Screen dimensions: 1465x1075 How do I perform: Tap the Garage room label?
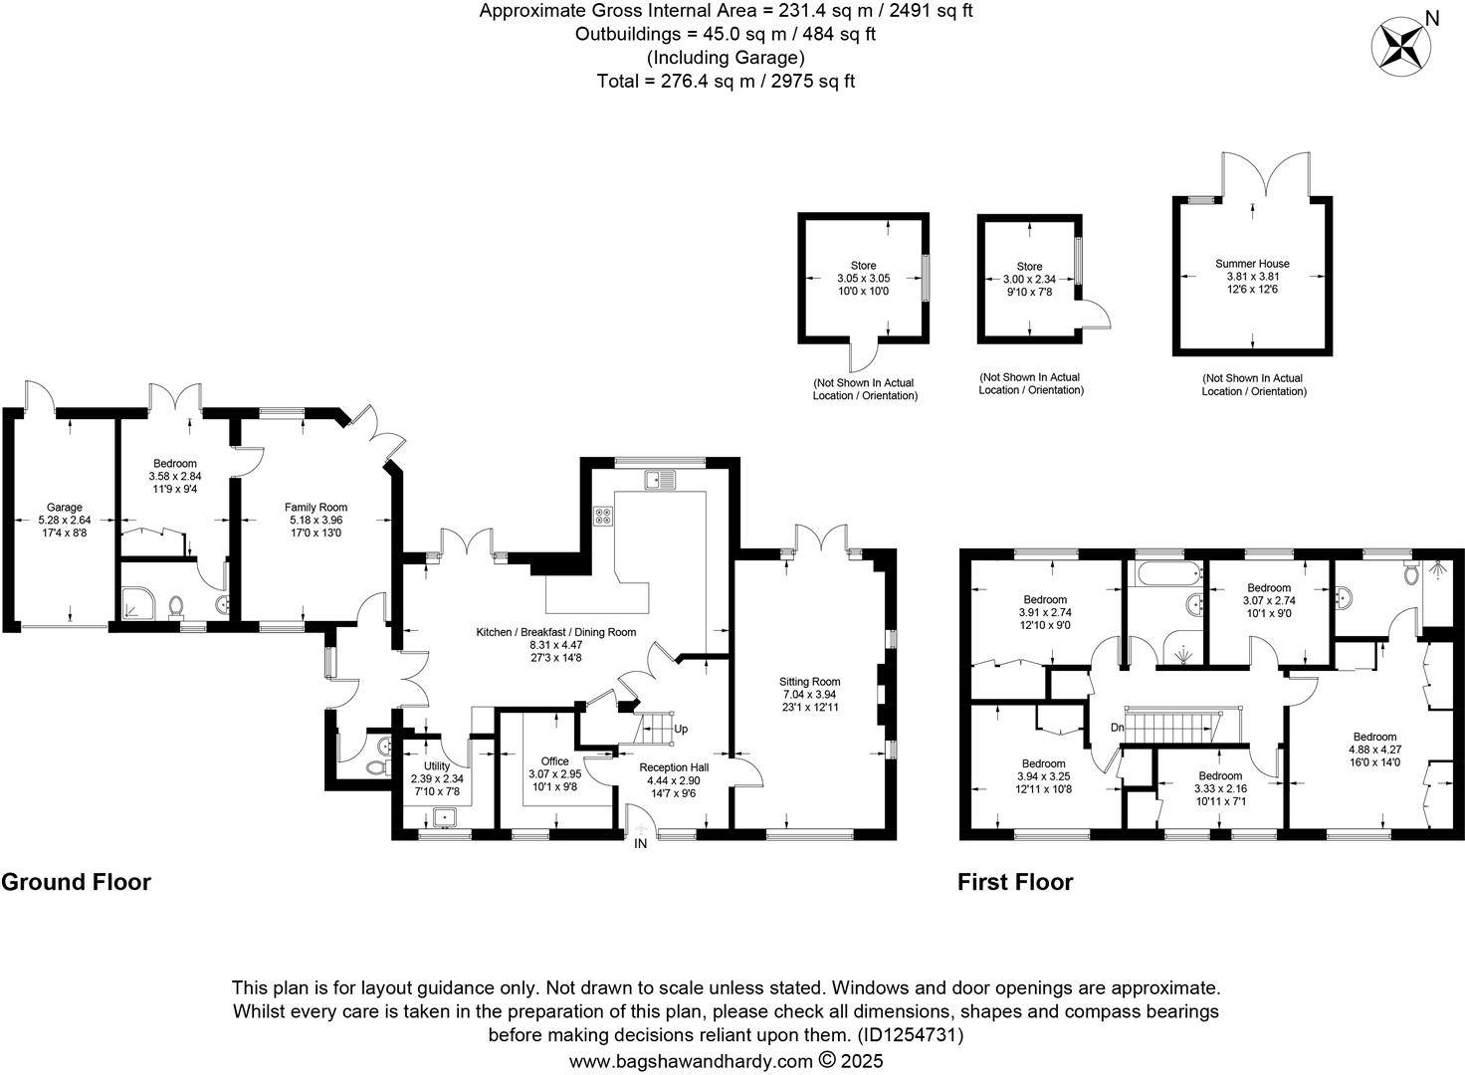coord(64,507)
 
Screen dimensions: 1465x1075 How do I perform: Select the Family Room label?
coord(315,507)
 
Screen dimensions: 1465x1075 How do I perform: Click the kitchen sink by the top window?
coord(659,480)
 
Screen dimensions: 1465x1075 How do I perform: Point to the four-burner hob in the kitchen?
coord(604,517)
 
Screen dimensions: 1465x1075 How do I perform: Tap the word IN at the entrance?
coord(640,844)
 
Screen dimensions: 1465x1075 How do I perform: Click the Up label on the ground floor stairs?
coord(681,729)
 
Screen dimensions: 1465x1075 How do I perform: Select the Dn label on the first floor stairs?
coord(1117,728)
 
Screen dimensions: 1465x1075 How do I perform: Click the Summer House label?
coord(1252,264)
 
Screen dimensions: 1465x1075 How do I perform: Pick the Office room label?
coord(554,760)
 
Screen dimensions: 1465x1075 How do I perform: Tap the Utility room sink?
coord(445,818)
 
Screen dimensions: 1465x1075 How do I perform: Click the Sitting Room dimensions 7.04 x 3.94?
coord(810,694)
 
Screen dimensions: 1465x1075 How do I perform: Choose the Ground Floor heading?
coord(76,882)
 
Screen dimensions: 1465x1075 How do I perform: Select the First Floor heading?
coord(1015,882)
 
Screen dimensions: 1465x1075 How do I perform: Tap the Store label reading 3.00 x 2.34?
coord(1029,279)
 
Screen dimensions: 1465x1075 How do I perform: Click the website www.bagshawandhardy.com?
coord(691,1061)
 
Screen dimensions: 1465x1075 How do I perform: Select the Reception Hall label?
coord(674,767)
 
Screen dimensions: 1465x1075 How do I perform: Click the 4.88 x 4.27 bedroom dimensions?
coord(1374,750)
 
